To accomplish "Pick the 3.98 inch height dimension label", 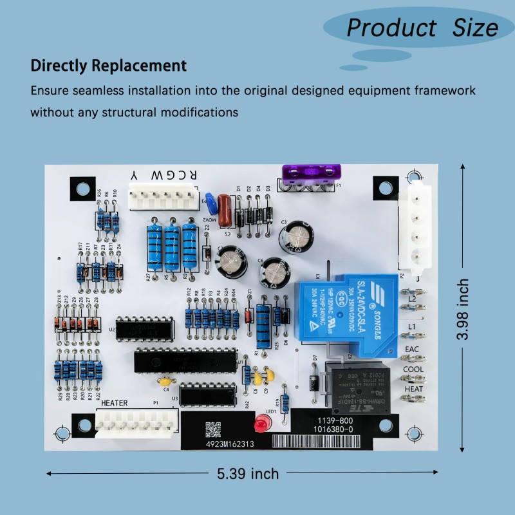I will pyautogui.click(x=479, y=309).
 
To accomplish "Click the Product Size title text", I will pyautogui.click(x=422, y=28).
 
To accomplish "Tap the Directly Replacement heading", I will pyautogui.click(x=109, y=66).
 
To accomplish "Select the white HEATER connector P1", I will pyautogui.click(x=136, y=423).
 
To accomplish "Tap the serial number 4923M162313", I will pyautogui.click(x=230, y=444).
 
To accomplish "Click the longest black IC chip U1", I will pyautogui.click(x=185, y=360).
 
